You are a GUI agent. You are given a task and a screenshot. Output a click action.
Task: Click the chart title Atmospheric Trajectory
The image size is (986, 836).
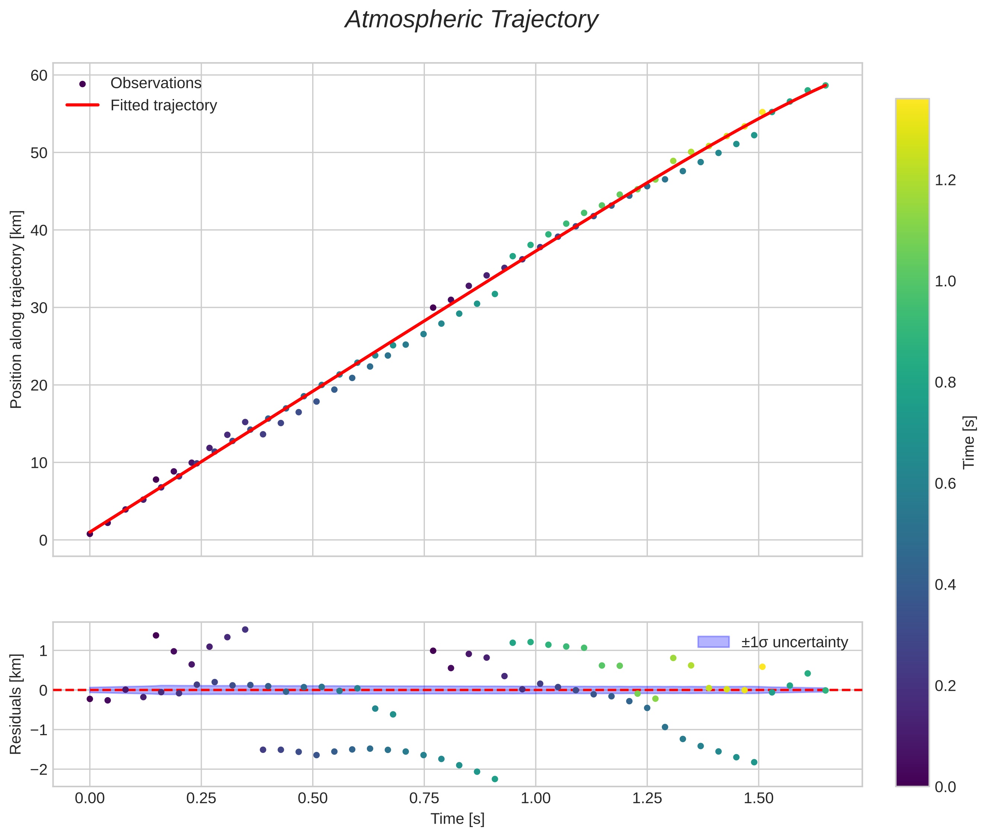471,20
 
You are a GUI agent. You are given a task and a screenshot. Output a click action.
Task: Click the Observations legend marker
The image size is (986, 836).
83,84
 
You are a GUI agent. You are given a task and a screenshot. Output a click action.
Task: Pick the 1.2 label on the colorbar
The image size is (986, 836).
945,180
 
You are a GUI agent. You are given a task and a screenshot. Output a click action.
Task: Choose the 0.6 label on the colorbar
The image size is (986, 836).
945,484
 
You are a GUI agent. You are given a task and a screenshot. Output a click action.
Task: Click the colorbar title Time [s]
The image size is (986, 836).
969,442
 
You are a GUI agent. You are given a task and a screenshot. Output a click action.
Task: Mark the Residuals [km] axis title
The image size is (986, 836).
16,704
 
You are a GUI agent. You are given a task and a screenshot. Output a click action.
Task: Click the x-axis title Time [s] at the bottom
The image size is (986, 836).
457,819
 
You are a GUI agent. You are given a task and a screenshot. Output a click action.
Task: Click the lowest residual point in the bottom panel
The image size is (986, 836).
494,779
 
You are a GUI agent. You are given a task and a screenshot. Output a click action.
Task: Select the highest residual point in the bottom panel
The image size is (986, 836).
245,629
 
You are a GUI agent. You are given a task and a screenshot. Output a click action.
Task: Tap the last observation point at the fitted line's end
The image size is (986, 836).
825,85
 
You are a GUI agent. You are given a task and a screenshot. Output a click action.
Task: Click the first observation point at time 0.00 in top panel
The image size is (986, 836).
90,534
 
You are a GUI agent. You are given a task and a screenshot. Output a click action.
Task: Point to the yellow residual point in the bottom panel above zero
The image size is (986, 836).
762,667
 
